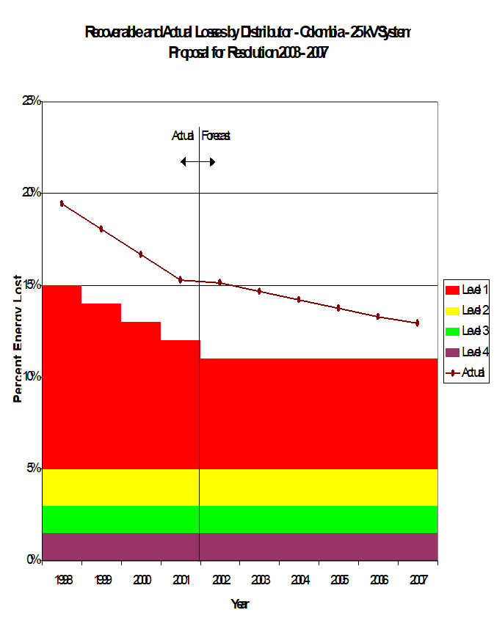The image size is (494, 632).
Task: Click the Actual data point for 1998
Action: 62,203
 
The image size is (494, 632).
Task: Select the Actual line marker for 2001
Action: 181,279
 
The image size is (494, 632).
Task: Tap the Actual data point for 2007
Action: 417,323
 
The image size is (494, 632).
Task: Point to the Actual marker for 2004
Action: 299,299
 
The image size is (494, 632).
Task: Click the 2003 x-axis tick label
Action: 260,580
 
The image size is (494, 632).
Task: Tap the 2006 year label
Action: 377,580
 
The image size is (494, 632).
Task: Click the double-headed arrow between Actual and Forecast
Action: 198,161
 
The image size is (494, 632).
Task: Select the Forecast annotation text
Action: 217,136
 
